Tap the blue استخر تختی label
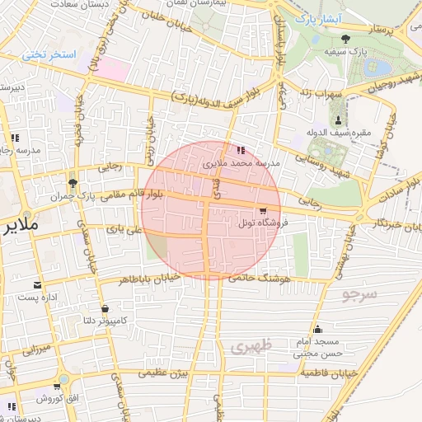pyautogui.click(x=49, y=54)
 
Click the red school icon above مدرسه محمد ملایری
pyautogui.click(x=240, y=151)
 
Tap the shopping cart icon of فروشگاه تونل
pyautogui.click(x=262, y=210)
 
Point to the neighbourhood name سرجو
pyautogui.click(x=360, y=294)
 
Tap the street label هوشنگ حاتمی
pyautogui.click(x=264, y=280)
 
